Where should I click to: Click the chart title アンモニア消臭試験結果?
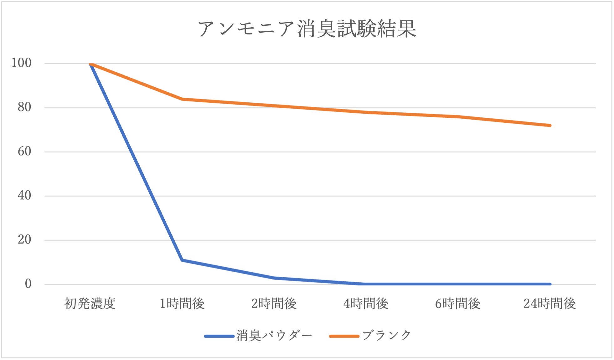(x=307, y=29)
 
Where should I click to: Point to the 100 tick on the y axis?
(x=21, y=63)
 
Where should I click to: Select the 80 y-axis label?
(x=24, y=107)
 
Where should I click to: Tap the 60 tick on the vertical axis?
(x=24, y=152)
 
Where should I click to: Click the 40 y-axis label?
(x=24, y=196)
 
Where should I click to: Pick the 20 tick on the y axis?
(x=24, y=240)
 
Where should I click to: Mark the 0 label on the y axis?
(x=28, y=284)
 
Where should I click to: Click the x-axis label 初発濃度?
(x=90, y=304)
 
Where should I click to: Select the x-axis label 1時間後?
(x=182, y=304)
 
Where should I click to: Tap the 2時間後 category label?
(x=274, y=304)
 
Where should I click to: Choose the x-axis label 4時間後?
(x=366, y=304)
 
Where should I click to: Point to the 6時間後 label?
(x=457, y=304)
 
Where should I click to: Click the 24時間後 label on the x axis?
(x=550, y=304)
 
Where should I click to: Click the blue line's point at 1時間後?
(x=182, y=260)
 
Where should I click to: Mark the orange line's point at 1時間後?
(x=182, y=99)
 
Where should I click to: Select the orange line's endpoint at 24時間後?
(x=550, y=126)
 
